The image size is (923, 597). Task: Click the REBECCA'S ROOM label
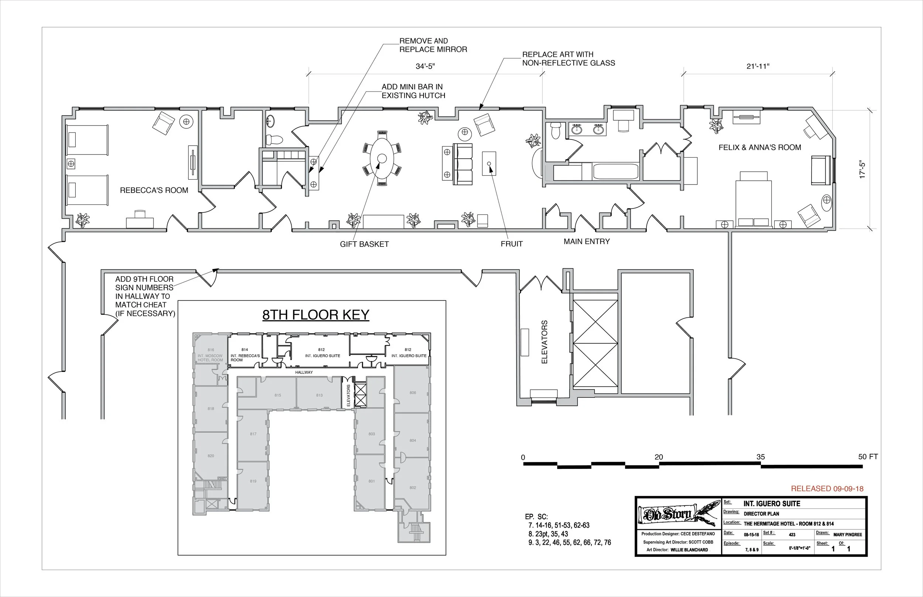click(154, 190)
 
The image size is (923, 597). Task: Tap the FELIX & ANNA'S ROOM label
click(759, 147)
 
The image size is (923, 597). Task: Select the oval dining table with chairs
click(382, 159)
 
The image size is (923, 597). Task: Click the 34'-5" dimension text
click(425, 66)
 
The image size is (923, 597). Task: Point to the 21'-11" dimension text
click(758, 66)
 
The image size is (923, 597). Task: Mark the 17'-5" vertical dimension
click(862, 169)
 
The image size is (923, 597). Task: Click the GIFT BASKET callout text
click(364, 244)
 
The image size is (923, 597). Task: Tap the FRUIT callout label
click(512, 244)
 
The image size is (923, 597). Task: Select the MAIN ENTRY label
click(586, 242)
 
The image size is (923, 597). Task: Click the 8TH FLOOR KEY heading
click(316, 314)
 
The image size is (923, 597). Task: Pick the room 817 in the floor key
click(253, 434)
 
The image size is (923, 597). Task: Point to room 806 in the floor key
click(413, 393)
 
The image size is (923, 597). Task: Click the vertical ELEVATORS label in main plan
click(544, 342)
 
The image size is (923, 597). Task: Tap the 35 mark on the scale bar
click(760, 457)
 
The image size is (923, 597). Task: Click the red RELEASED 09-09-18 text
click(827, 489)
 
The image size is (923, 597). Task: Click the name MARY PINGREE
click(847, 535)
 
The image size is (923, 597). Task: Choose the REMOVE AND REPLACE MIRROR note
click(433, 45)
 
